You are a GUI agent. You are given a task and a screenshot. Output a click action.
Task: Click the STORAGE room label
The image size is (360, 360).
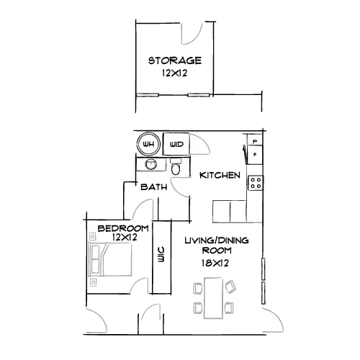[x=175, y=60]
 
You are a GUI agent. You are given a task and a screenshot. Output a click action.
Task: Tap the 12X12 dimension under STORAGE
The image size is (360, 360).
[x=174, y=73]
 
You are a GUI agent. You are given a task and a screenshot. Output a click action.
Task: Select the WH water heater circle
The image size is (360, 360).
[x=148, y=144]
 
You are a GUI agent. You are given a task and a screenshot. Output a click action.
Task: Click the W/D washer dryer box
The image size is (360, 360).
[x=176, y=144]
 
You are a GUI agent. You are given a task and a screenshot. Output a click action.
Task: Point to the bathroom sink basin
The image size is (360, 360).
[x=151, y=165]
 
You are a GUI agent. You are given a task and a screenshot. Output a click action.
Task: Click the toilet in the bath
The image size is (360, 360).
[x=176, y=166]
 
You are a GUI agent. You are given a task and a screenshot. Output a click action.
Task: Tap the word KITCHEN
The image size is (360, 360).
[x=220, y=175]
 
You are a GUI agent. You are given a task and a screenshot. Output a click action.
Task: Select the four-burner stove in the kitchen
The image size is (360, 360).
[x=256, y=183]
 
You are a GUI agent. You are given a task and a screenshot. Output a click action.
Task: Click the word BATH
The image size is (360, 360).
[x=154, y=187]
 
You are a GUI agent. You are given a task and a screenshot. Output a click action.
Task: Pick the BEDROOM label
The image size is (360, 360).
[x=123, y=228]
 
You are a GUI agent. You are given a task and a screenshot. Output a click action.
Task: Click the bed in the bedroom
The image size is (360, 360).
[x=110, y=259]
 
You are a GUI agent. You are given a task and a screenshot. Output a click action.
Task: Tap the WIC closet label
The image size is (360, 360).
[x=161, y=254]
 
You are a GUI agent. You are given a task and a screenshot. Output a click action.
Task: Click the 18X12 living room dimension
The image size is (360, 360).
[x=215, y=264]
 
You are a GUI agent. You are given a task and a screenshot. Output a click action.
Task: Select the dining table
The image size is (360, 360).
[x=213, y=298]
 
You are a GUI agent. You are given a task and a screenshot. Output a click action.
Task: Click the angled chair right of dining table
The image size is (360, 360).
[x=230, y=287]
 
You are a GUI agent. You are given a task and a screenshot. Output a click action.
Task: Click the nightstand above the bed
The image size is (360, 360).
[x=92, y=236]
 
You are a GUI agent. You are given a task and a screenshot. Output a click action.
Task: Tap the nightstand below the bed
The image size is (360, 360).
[x=93, y=282]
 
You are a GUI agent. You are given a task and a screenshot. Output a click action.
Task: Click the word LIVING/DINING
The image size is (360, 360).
[x=217, y=240]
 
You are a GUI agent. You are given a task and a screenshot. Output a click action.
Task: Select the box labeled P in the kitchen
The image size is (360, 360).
[x=255, y=141]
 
